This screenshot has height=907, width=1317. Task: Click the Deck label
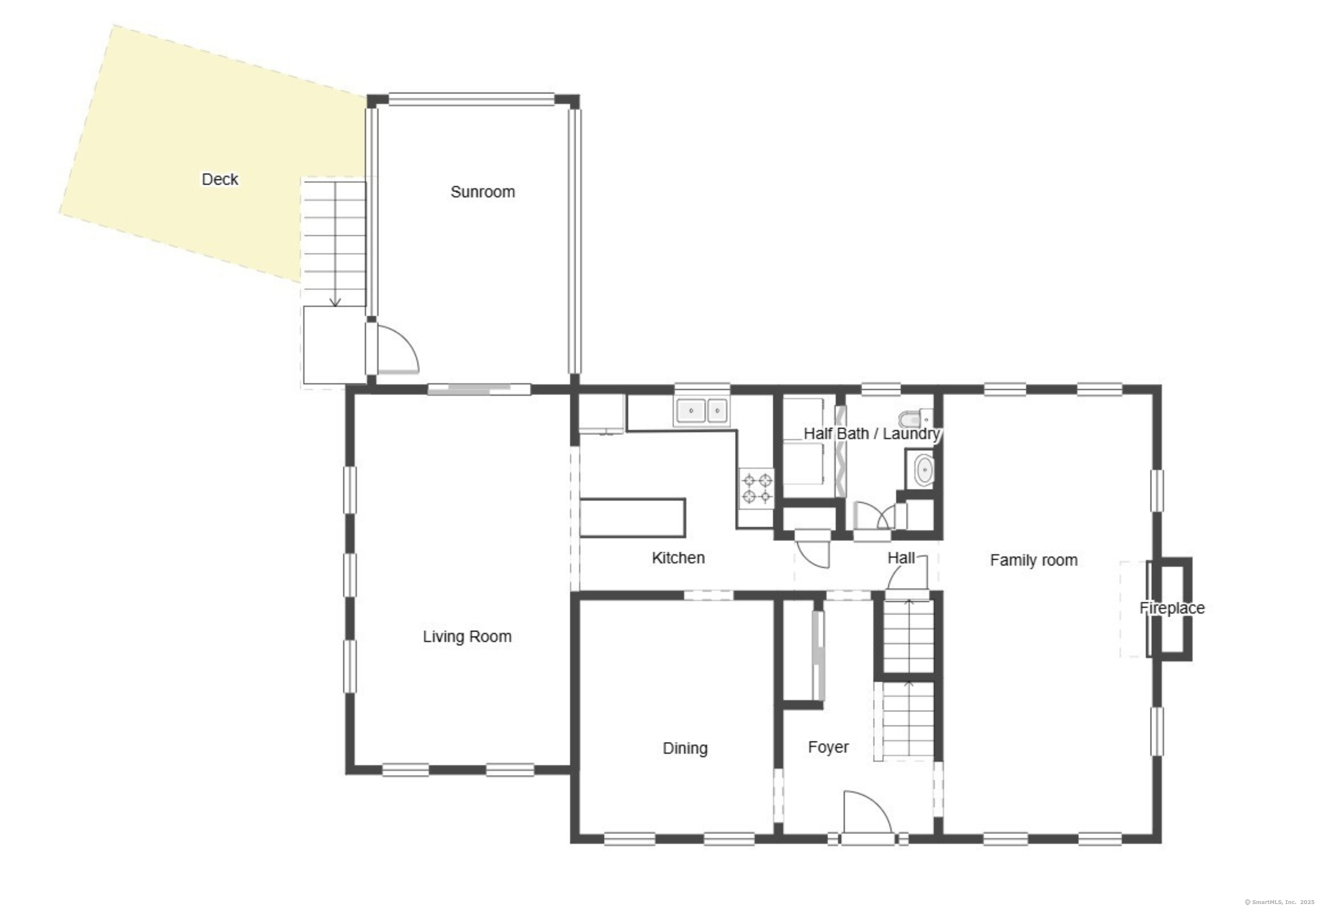pyautogui.click(x=220, y=180)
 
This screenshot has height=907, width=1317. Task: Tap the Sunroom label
pyautogui.click(x=483, y=192)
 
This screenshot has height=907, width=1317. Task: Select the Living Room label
pyautogui.click(x=467, y=637)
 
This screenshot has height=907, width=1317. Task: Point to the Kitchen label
pyautogui.click(x=678, y=558)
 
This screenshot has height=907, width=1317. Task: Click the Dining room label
pyautogui.click(x=685, y=748)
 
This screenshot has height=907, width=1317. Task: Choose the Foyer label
pyautogui.click(x=828, y=747)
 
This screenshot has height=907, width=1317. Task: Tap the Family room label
pyautogui.click(x=1033, y=560)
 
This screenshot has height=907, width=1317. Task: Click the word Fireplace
pyautogui.click(x=1172, y=608)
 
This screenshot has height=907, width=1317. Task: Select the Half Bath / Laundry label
pyautogui.click(x=872, y=434)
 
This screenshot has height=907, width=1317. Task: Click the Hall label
pyautogui.click(x=901, y=558)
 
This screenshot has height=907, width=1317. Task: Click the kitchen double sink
pyautogui.click(x=702, y=410)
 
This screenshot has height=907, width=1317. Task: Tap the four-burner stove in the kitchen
pyautogui.click(x=757, y=488)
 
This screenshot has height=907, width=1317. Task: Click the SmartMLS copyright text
pyautogui.click(x=1279, y=902)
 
